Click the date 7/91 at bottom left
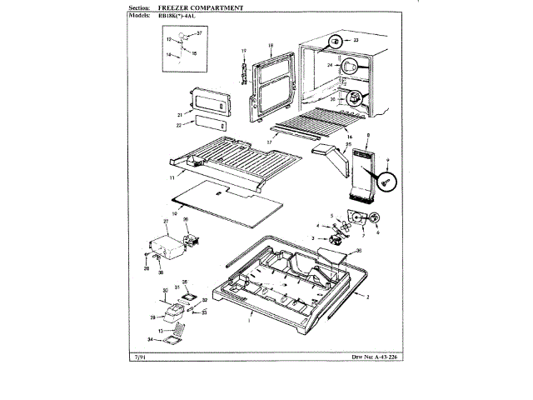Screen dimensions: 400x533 139,357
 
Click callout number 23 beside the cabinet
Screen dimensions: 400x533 356,39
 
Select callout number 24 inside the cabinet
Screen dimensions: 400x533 330,64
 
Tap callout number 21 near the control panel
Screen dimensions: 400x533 179,113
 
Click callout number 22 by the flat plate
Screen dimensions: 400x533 179,126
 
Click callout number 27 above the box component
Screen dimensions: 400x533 166,222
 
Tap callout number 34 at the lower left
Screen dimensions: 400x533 151,339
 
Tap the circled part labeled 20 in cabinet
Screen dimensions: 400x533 357,98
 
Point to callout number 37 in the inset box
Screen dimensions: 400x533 200,32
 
